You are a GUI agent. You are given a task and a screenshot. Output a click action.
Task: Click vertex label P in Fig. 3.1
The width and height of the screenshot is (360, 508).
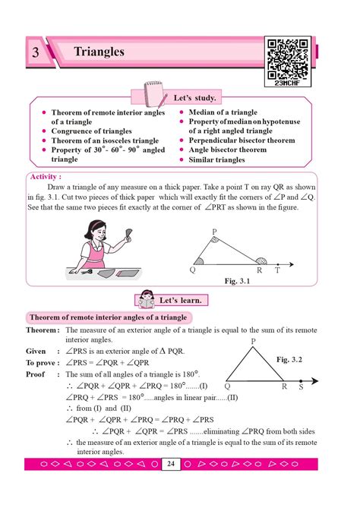click(x=214, y=231)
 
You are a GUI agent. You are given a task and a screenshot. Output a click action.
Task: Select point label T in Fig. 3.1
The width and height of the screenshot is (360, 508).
click(x=277, y=270)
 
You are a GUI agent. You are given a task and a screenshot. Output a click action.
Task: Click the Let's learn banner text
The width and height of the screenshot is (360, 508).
click(x=183, y=301)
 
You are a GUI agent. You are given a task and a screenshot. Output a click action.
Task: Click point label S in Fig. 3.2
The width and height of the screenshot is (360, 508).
click(x=300, y=386)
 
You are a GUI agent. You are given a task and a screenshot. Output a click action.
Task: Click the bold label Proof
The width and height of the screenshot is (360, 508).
click(x=36, y=374)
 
